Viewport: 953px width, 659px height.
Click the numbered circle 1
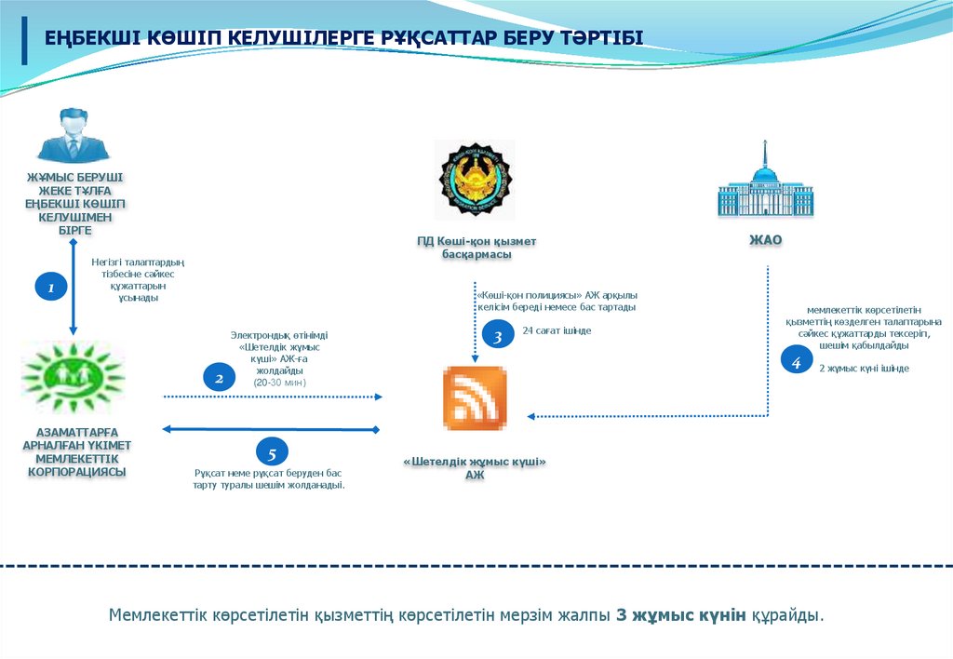click(x=52, y=288)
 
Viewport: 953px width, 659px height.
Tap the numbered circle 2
click(x=220, y=378)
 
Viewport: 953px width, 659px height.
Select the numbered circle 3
click(x=498, y=336)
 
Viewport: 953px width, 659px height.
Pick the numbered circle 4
click(x=796, y=360)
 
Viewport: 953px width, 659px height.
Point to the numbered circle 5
click(x=272, y=452)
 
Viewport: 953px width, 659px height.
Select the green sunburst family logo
click(x=74, y=376)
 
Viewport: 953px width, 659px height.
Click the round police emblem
click(x=475, y=180)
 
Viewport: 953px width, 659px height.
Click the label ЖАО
click(x=765, y=240)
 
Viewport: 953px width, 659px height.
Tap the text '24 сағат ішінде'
click(x=557, y=330)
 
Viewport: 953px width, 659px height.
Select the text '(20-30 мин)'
click(x=279, y=383)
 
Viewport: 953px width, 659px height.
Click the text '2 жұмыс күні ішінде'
click(x=864, y=369)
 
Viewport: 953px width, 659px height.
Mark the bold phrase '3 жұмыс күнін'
click(x=681, y=615)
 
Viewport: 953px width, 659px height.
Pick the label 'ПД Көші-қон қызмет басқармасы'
click(x=476, y=248)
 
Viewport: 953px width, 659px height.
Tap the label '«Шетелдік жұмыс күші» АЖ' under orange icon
click(x=475, y=468)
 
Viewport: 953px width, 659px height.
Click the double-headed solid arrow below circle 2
click(x=272, y=429)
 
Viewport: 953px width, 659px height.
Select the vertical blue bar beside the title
click(x=24, y=41)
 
